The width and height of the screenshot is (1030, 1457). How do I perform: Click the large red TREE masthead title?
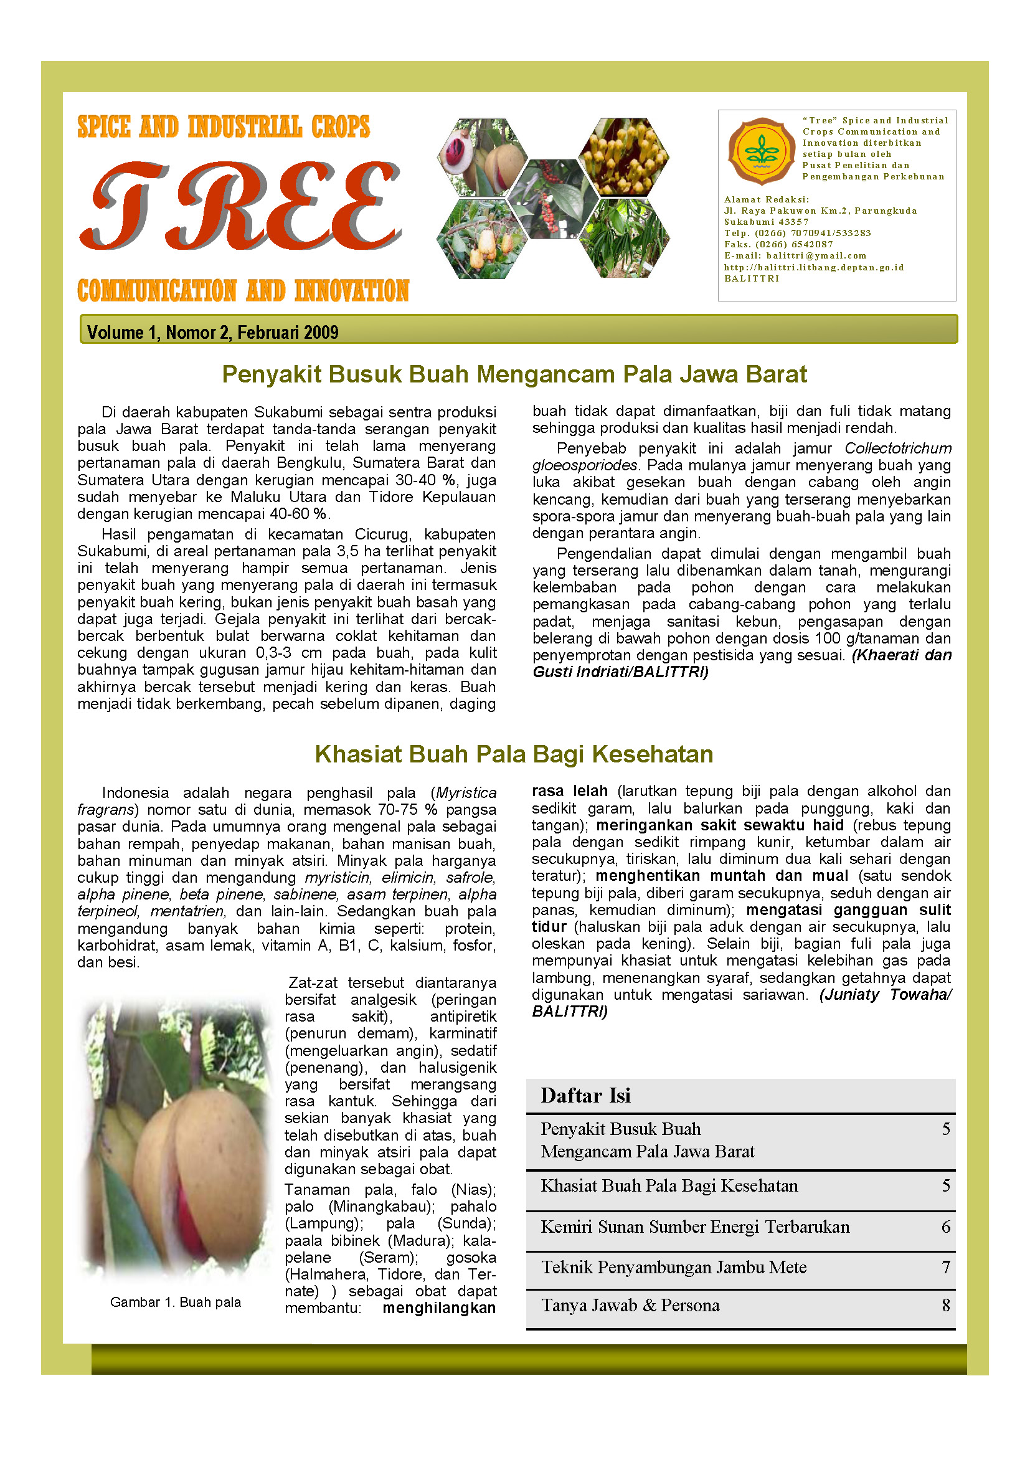coord(241,206)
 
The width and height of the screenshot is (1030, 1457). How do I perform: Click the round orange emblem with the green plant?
coord(760,151)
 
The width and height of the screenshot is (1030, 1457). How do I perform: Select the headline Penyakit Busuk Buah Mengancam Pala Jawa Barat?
coord(514,374)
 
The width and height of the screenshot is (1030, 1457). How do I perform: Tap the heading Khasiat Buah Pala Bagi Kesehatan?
coord(514,754)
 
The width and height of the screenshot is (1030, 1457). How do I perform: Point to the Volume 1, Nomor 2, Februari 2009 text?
coord(212,332)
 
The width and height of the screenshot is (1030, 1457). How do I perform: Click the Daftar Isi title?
coord(585,1095)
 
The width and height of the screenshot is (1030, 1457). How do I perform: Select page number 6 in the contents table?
coord(946,1227)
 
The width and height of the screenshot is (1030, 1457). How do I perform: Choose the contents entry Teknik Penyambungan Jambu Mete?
coord(674,1267)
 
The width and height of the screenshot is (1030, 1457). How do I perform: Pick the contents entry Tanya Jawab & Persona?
coord(630,1306)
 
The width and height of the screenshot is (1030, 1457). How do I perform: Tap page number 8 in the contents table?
coord(946,1306)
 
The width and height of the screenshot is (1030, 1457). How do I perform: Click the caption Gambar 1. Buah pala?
coord(176,1302)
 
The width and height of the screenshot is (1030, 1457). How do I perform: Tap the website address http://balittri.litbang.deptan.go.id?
coord(814,267)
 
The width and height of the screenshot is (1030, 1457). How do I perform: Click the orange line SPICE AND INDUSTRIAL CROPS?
coord(224,127)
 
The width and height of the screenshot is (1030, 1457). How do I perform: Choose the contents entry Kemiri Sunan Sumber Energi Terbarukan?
coord(695,1227)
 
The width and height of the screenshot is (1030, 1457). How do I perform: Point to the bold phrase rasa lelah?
coord(570,791)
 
